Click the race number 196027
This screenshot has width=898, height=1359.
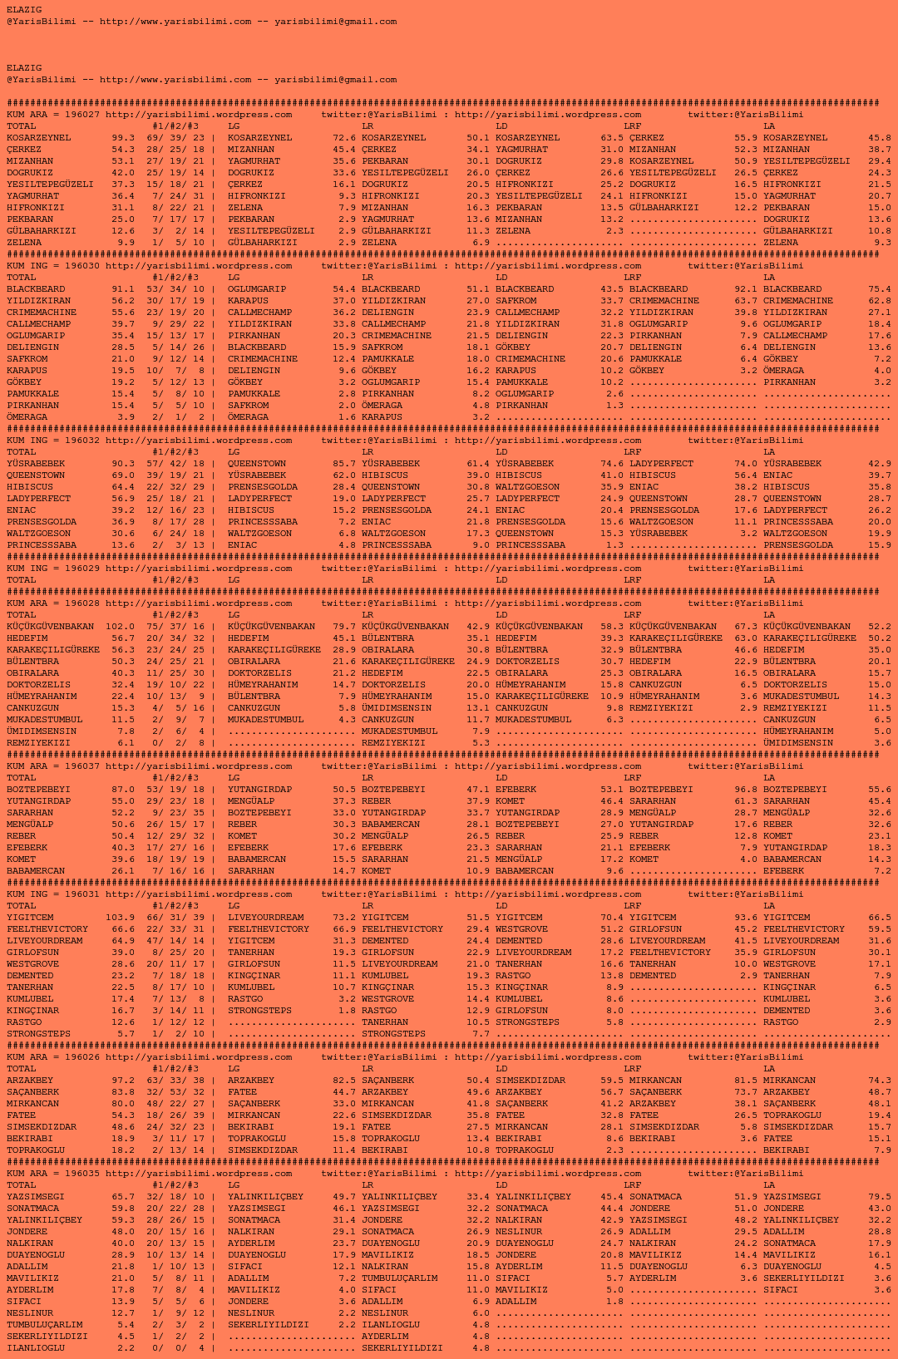[82, 115]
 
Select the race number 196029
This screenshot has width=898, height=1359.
[82, 569]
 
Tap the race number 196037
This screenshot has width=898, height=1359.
[82, 766]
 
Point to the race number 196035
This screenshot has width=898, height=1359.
[82, 1174]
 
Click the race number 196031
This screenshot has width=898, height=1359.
[82, 894]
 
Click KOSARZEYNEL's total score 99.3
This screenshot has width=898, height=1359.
[123, 138]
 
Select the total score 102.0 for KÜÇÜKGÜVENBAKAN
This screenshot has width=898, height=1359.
[120, 627]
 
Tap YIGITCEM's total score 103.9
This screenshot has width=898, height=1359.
[120, 918]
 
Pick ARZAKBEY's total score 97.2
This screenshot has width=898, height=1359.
[123, 1081]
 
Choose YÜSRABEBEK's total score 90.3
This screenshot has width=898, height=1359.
[123, 464]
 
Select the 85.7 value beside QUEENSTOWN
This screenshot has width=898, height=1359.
[344, 464]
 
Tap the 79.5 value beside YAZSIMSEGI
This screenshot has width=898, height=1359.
[880, 1197]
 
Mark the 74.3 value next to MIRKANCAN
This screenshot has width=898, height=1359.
[880, 1081]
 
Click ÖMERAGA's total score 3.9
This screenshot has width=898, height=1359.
[126, 417]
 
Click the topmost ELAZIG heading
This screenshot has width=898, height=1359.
[24, 10]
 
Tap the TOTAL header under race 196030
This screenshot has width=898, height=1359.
[22, 278]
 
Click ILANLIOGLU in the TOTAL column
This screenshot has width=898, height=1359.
[36, 1348]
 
